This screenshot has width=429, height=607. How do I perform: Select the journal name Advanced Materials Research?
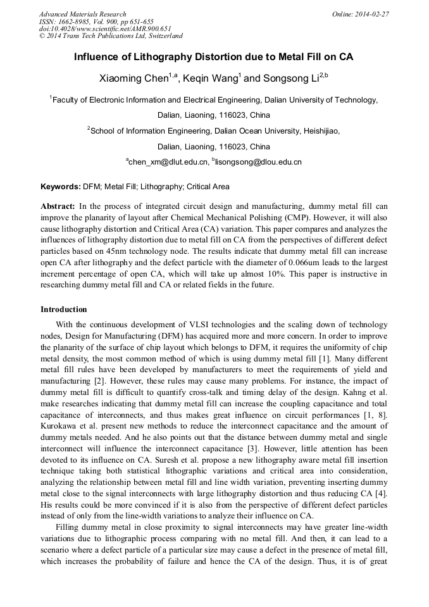(82, 14)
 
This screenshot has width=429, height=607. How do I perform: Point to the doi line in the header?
(105, 29)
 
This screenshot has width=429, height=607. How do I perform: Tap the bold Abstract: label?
(58, 206)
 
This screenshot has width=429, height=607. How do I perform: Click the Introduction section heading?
(64, 310)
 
